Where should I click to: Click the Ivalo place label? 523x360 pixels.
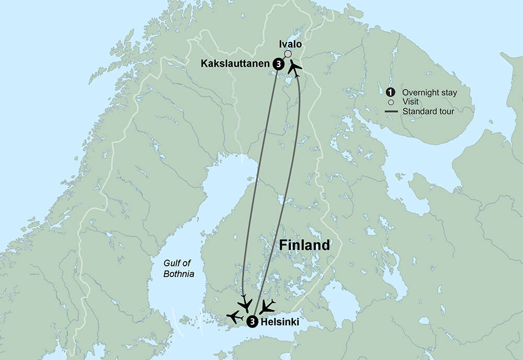[x=288, y=45]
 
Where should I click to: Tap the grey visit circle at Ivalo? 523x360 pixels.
[x=288, y=54]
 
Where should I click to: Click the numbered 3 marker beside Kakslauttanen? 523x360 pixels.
[x=278, y=64]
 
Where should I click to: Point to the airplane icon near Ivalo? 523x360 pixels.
[x=295, y=68]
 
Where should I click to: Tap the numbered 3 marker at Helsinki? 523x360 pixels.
[x=252, y=322]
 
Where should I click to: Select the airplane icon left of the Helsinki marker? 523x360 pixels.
[x=234, y=317]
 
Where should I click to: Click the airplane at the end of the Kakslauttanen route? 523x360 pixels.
[x=244, y=304]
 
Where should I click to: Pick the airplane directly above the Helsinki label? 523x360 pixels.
[x=267, y=306]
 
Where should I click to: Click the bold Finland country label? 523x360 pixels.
[x=304, y=245]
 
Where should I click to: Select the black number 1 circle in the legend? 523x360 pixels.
[x=389, y=93]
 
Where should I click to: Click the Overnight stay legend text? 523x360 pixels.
[x=429, y=93]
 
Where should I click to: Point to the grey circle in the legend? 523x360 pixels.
[x=389, y=102]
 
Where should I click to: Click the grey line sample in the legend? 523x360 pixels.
[x=389, y=111]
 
